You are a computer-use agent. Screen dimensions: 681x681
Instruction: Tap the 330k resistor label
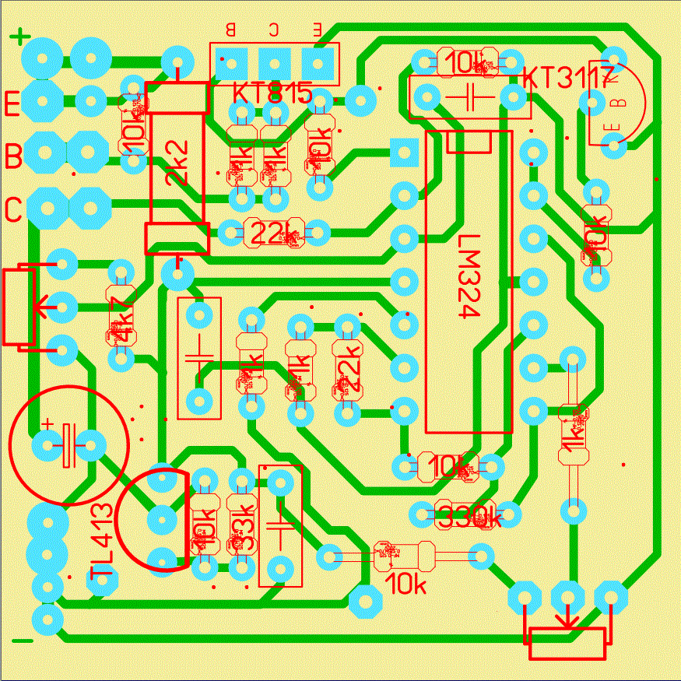pyautogui.click(x=467, y=514)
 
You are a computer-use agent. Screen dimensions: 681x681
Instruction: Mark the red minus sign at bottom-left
pyautogui.click(x=23, y=641)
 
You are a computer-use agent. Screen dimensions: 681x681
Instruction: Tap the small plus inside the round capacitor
pyautogui.click(x=48, y=424)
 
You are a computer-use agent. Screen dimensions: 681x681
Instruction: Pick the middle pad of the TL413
pyautogui.click(x=162, y=518)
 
